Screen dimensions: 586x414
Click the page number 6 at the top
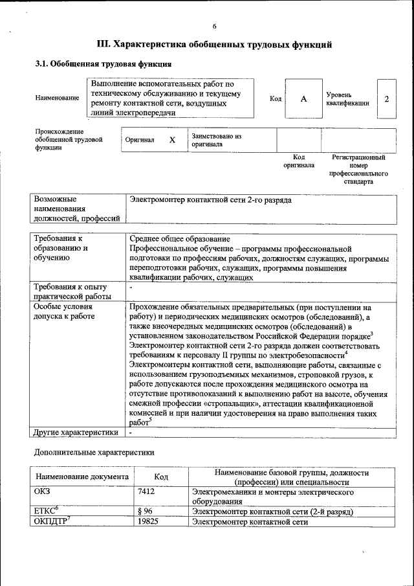coord(214,26)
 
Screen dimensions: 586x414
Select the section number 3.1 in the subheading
coord(41,65)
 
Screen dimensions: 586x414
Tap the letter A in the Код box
coord(303,98)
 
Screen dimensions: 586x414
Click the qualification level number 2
coord(386,98)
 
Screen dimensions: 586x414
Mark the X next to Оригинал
coord(172,140)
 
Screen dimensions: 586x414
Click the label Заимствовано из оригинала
coord(216,140)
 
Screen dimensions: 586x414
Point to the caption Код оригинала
coord(298,161)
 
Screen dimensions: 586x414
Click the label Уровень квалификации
coord(347,98)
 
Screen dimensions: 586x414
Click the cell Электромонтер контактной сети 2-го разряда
coord(211,200)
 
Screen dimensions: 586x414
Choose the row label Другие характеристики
coord(75,432)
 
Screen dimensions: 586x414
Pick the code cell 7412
coord(147,492)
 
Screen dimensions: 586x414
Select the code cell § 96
coord(146,512)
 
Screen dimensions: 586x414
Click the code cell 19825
coord(149,521)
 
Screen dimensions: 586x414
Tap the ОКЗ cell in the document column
coord(41,492)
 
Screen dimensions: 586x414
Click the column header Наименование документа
coord(82,477)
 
